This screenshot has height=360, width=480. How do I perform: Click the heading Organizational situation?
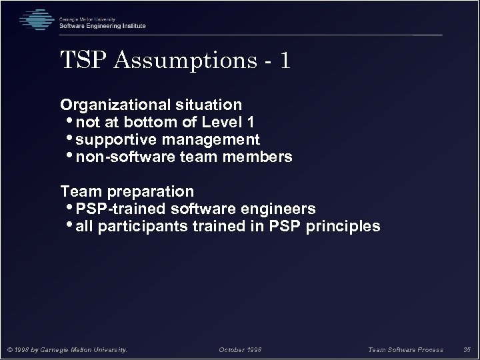pos(151,105)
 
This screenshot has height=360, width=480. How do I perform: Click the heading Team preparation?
pos(127,192)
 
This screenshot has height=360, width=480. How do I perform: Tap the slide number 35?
pos(467,349)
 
